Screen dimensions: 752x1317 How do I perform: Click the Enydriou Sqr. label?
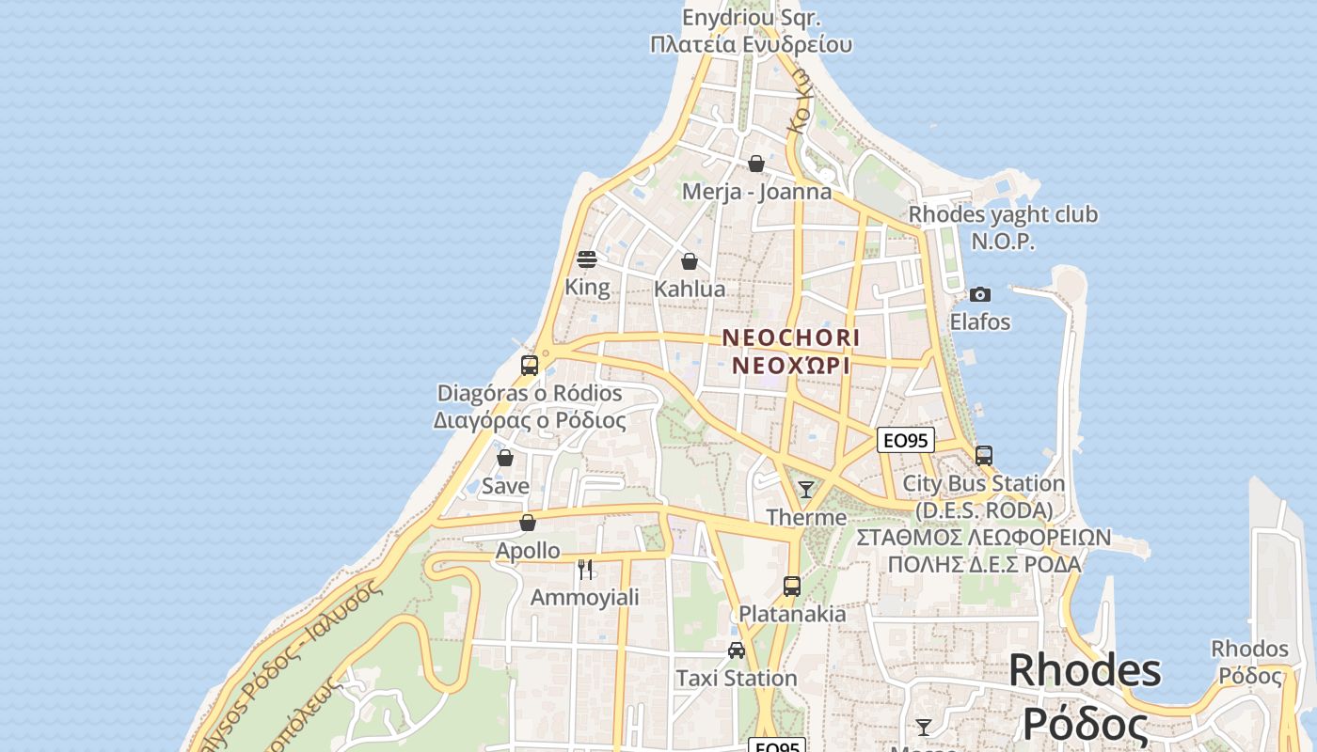pyautogui.click(x=751, y=18)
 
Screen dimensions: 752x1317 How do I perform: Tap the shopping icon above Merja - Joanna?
pyautogui.click(x=755, y=164)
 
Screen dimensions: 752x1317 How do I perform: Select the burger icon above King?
pyautogui.click(x=587, y=259)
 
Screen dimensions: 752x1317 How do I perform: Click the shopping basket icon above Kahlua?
pyautogui.click(x=690, y=261)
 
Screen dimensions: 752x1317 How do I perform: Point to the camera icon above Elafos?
pyautogui.click(x=980, y=295)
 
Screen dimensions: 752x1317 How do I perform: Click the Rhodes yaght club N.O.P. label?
pyautogui.click(x=1003, y=227)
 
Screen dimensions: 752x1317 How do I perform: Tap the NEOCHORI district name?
pyautogui.click(x=790, y=337)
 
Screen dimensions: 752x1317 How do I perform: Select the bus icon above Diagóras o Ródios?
pyautogui.click(x=530, y=366)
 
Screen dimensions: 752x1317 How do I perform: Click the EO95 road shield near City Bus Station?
pyautogui.click(x=905, y=439)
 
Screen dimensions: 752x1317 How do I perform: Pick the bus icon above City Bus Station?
pyautogui.click(x=984, y=456)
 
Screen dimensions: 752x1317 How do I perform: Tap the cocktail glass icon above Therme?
pyautogui.click(x=806, y=490)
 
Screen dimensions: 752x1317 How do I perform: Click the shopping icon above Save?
pyautogui.click(x=505, y=459)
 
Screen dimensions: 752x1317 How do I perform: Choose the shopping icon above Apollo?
pyautogui.click(x=528, y=523)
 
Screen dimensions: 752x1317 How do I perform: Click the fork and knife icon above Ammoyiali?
pyautogui.click(x=585, y=569)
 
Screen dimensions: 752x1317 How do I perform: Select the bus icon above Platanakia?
pyautogui.click(x=792, y=587)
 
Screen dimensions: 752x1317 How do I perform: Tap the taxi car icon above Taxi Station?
pyautogui.click(x=737, y=650)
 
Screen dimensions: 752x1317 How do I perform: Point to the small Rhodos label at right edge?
pyautogui.click(x=1249, y=650)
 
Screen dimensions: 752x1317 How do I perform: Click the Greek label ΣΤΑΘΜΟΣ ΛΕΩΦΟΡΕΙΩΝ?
pyautogui.click(x=983, y=538)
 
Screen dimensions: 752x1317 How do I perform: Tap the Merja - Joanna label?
pyautogui.click(x=756, y=192)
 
